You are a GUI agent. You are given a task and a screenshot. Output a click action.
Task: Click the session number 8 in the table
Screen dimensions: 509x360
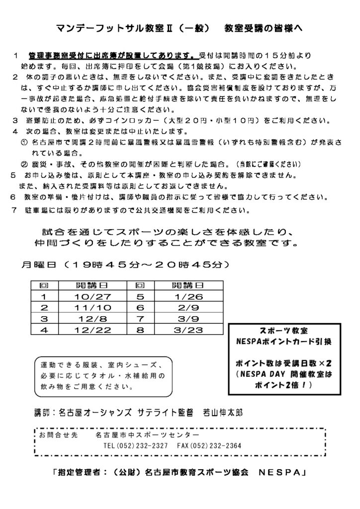(x=140, y=329)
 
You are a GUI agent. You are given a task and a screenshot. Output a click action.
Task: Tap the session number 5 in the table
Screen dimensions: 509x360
(x=140, y=296)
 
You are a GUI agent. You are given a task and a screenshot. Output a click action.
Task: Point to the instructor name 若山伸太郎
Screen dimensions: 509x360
(x=224, y=412)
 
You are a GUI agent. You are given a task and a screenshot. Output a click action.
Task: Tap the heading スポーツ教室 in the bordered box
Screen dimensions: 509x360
(x=284, y=331)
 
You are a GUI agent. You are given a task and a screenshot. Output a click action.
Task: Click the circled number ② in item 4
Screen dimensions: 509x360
(x=23, y=164)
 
